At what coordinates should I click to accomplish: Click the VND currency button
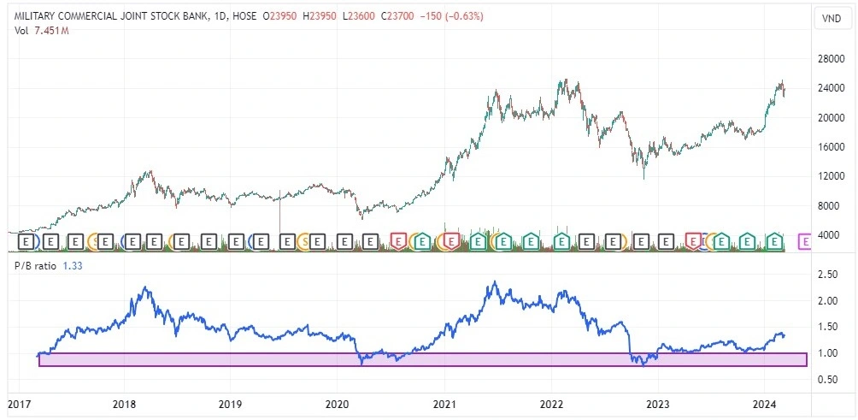click(830, 18)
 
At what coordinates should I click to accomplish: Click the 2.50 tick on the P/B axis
click(827, 275)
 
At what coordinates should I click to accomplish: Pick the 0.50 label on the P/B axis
click(827, 379)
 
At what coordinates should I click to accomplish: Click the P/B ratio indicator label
click(36, 266)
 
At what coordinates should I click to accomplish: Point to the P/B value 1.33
click(73, 266)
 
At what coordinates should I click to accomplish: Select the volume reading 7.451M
click(52, 32)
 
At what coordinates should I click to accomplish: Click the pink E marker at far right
click(804, 242)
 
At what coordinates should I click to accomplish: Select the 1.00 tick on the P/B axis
click(827, 353)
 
